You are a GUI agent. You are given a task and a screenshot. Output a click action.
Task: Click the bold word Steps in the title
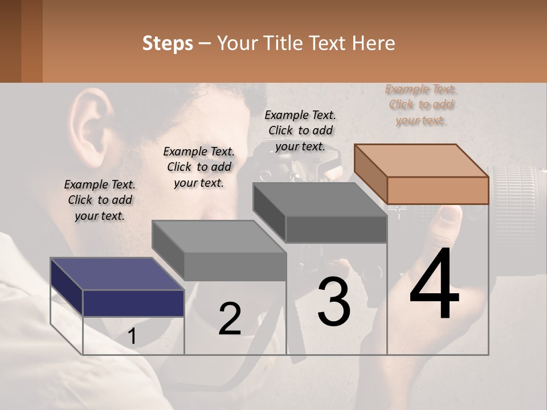tap(168, 43)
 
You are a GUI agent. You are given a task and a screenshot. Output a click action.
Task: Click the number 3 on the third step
tap(334, 301)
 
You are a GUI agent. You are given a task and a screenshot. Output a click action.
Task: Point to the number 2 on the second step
tap(230, 319)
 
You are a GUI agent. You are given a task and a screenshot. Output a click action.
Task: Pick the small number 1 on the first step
tap(132, 337)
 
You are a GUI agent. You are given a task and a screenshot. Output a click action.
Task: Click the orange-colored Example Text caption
tap(421, 104)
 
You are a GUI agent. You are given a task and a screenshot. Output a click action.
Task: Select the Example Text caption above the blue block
tap(100, 200)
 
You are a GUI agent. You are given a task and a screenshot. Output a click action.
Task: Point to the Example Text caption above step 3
tap(300, 130)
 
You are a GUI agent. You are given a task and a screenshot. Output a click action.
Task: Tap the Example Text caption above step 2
tap(199, 167)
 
